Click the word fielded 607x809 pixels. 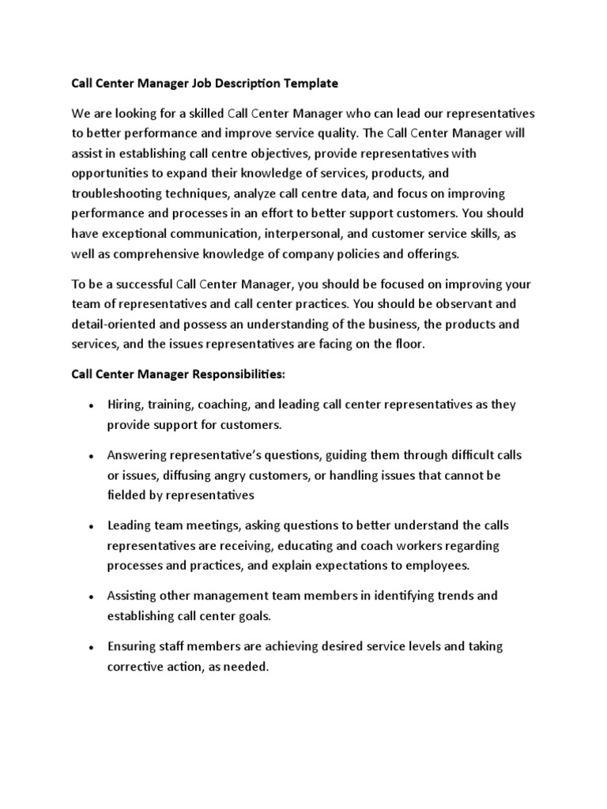point(128,496)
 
